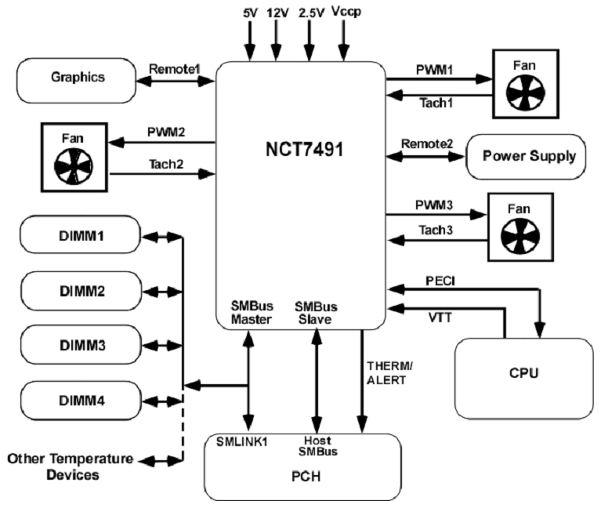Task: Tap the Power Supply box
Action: point(529,155)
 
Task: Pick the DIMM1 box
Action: point(80,234)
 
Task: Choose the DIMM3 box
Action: point(80,344)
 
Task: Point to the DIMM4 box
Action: point(80,400)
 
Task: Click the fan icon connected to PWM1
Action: point(525,91)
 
